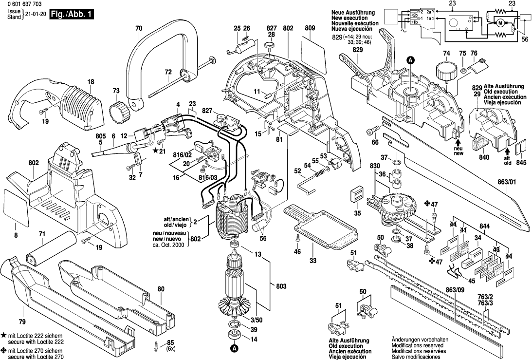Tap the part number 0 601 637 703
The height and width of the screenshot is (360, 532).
(x=21, y=4)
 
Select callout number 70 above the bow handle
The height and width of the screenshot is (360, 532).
(x=139, y=29)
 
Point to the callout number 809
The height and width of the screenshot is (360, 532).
(x=310, y=29)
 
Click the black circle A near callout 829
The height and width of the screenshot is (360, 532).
(x=410, y=60)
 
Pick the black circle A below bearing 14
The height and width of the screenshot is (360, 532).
(x=234, y=348)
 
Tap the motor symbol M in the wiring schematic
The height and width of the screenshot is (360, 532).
(x=500, y=22)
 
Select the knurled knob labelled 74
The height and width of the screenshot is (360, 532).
(x=445, y=71)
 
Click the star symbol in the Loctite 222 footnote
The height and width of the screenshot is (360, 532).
(x=4, y=337)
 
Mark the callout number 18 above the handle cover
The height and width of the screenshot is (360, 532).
(x=91, y=81)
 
